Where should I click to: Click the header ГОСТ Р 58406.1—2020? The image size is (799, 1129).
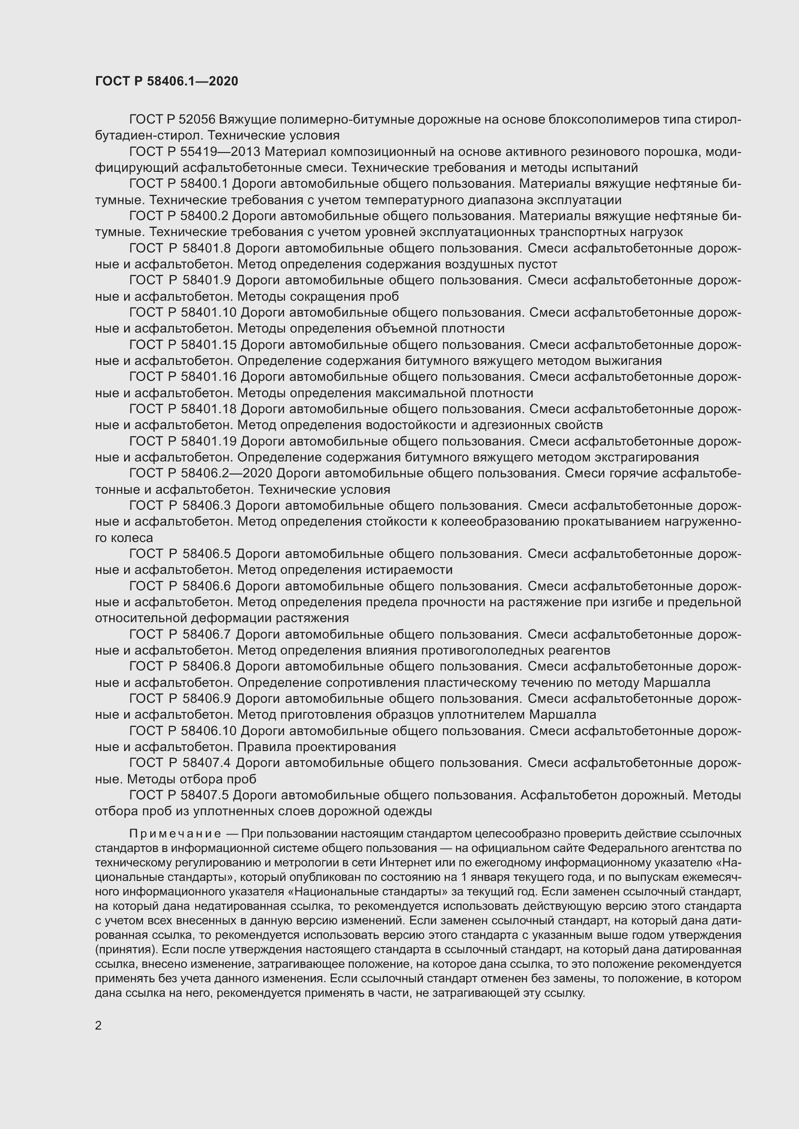tap(166, 82)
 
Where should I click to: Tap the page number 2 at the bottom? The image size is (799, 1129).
tap(99, 1025)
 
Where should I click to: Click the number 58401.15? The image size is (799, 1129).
tap(209, 345)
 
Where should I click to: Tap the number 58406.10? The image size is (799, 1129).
tap(209, 731)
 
